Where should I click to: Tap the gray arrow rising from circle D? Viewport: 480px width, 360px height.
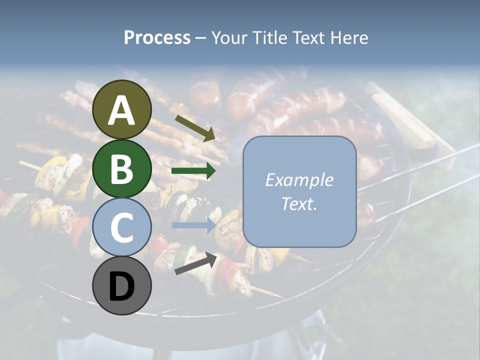(195, 263)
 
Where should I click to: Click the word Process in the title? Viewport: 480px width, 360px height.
(157, 38)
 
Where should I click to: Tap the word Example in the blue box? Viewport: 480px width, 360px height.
(299, 180)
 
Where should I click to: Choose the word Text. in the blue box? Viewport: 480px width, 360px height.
(299, 203)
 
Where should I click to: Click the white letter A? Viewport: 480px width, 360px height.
(122, 110)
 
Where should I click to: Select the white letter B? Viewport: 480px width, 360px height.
(122, 168)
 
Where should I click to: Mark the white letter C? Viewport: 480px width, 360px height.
(122, 227)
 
